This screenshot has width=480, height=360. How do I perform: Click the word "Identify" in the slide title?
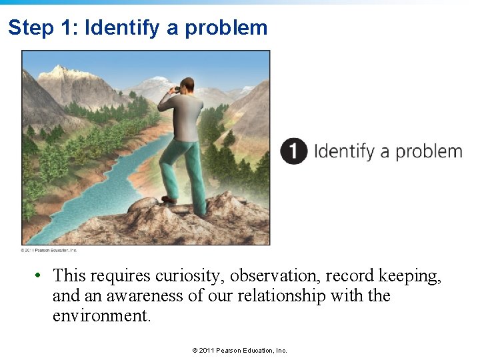point(122,28)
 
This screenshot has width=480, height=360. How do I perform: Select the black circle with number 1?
point(293,151)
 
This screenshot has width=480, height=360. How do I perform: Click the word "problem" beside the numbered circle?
point(429,151)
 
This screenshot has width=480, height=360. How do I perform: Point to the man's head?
point(188,87)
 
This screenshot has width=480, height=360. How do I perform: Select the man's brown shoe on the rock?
point(169,199)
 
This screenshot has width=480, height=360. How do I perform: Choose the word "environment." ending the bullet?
point(102,315)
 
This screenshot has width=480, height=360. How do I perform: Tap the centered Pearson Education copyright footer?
point(239,350)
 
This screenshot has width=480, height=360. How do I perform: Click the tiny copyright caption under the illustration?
point(49,250)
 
